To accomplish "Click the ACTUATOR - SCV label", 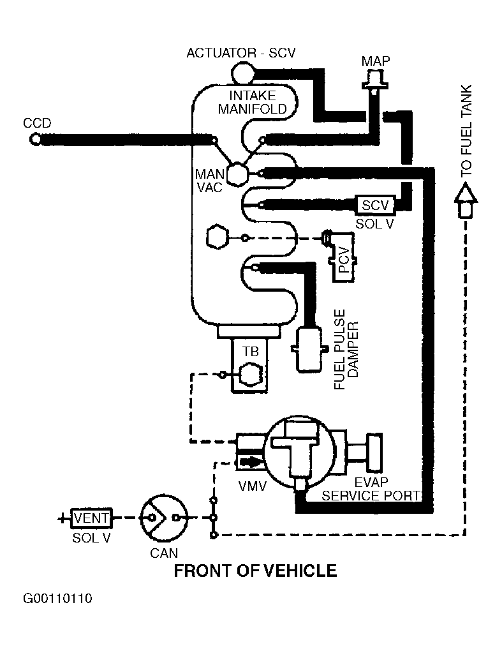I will pos(240,53).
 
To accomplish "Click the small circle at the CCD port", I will pos(37,138).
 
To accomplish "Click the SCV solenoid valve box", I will pos(375,205).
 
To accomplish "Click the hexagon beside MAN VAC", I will pos(237,172).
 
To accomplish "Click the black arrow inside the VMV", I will pos(250,461).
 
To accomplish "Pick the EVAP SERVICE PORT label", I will pos(370,489).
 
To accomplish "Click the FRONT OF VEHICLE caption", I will pos(255,570).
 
